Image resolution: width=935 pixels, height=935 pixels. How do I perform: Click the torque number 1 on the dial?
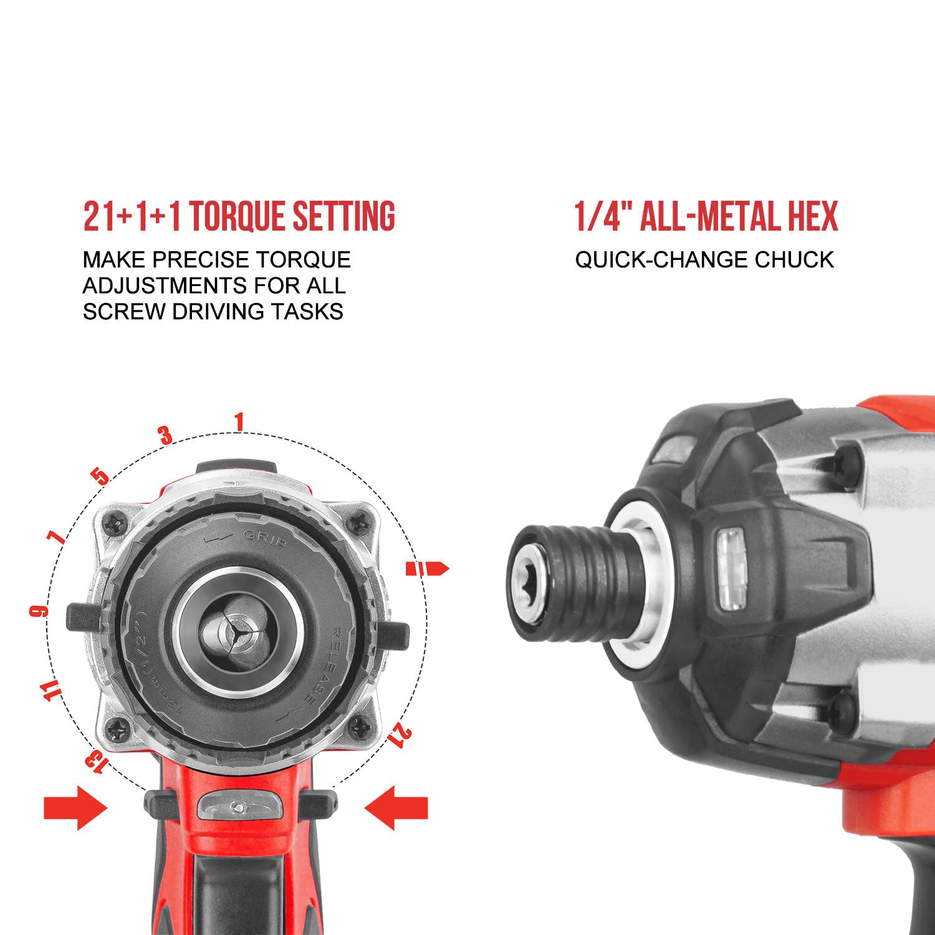click(239, 422)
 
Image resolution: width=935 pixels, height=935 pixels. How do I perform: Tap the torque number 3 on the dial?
click(166, 435)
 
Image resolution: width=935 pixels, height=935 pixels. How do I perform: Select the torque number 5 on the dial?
click(100, 477)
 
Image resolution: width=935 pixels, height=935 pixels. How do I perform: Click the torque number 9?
click(39, 611)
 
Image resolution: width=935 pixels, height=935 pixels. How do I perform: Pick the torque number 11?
click(54, 691)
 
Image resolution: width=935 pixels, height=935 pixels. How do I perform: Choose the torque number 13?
click(95, 759)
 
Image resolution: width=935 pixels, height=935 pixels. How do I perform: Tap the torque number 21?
click(400, 735)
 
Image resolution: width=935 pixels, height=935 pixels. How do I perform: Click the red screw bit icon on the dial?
click(428, 568)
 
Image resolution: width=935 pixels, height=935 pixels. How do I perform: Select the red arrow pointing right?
click(75, 808)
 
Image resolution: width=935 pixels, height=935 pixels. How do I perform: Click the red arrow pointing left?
click(396, 808)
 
